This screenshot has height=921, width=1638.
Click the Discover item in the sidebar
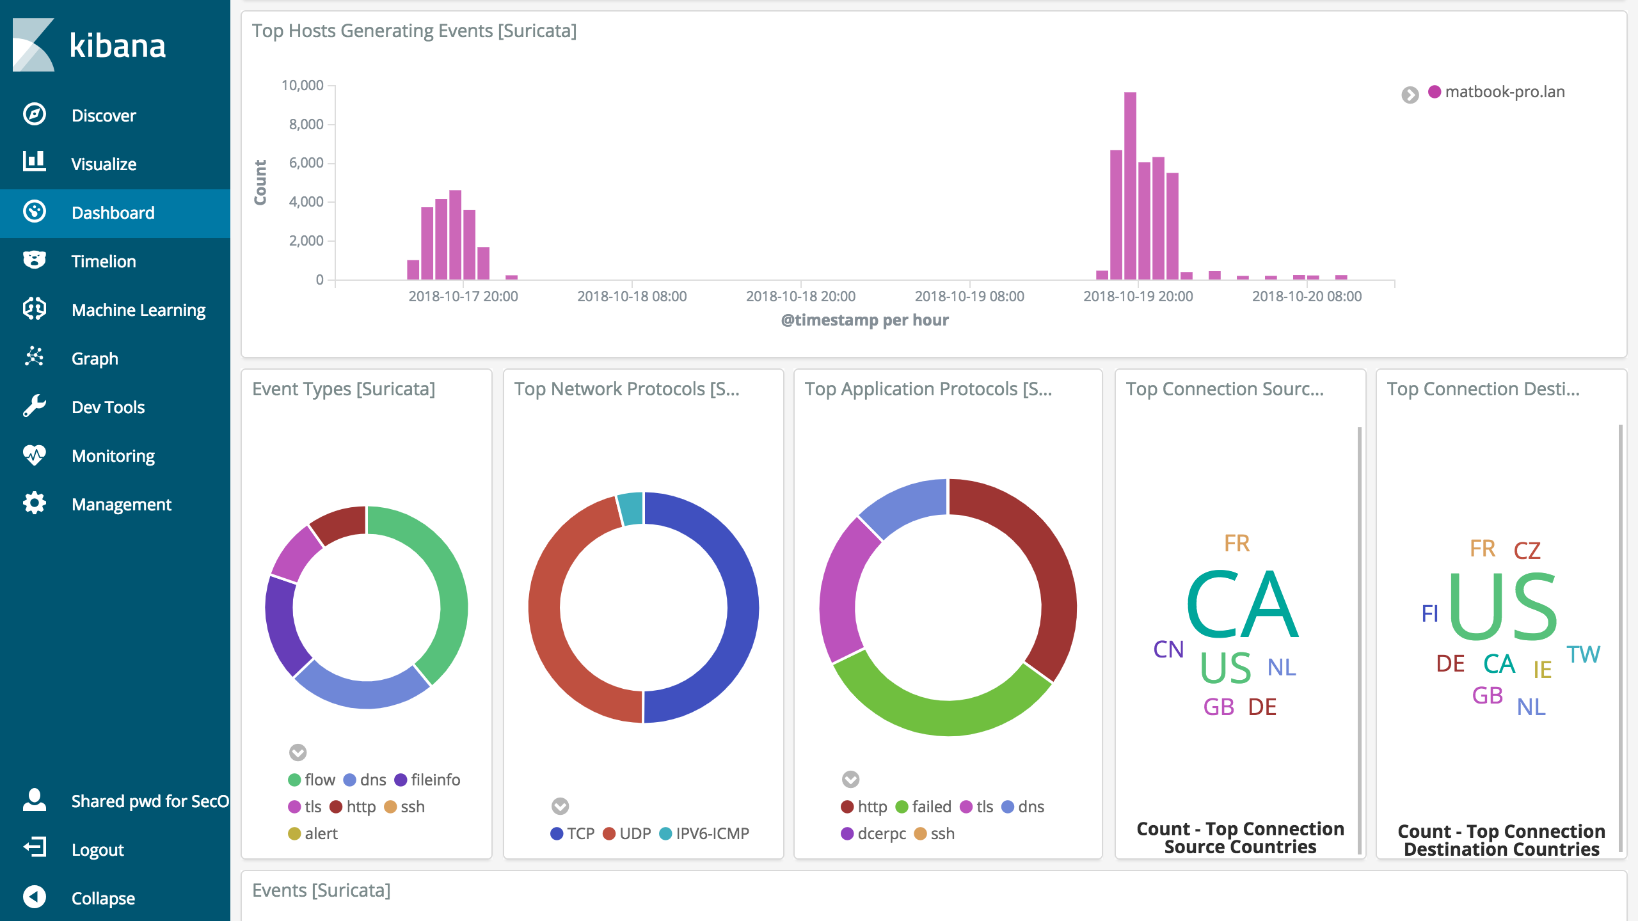103,116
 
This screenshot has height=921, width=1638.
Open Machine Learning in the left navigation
138,310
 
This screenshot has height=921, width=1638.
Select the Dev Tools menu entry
107,407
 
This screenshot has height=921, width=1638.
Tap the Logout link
97,850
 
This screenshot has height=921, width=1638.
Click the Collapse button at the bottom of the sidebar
102,899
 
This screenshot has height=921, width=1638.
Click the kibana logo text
118,46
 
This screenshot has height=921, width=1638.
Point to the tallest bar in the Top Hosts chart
1130,185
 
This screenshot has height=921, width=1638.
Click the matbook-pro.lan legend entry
1504,92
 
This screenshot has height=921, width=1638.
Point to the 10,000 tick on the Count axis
302,86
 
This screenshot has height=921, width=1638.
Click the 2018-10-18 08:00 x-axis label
632,297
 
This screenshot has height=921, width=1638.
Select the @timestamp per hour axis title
864,320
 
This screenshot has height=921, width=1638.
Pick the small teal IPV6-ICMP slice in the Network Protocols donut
631,509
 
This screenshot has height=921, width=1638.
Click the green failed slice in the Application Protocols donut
941,716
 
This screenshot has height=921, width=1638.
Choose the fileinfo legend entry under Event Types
435,780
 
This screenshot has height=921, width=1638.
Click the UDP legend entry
634,834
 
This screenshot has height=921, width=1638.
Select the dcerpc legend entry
881,834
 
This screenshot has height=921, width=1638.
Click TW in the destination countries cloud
1583,655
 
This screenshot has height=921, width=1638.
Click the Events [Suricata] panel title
321,891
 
